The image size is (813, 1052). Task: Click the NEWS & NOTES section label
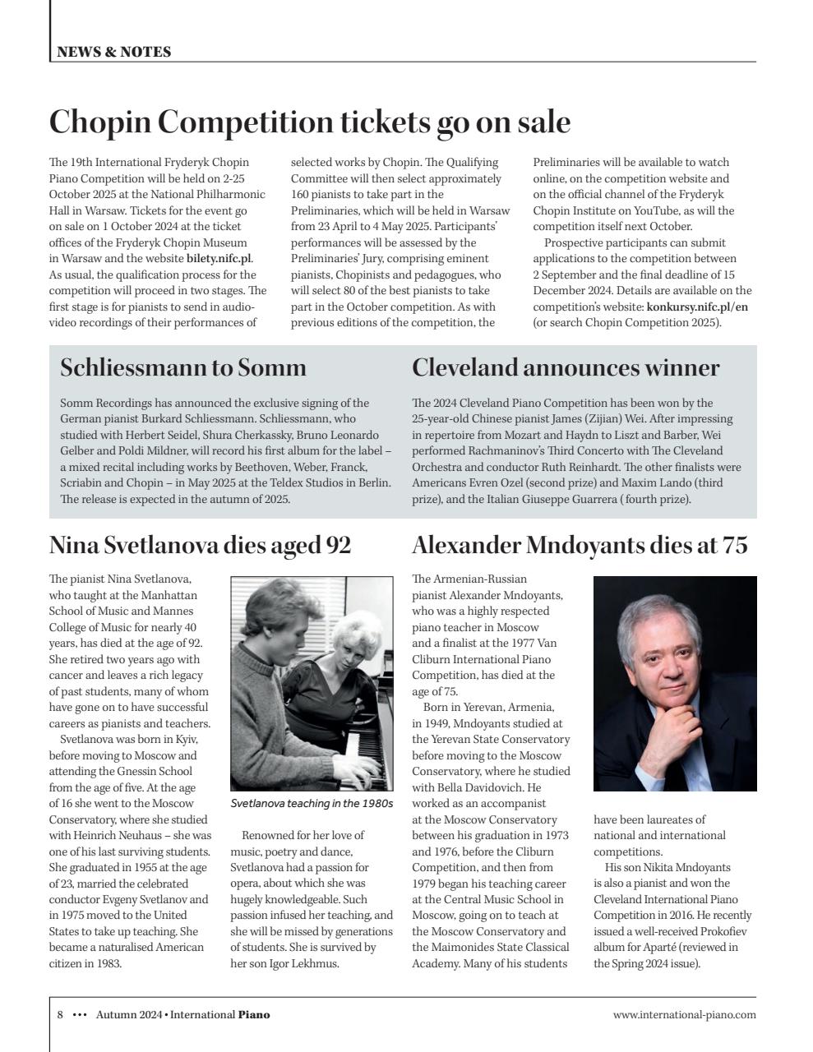tap(113, 52)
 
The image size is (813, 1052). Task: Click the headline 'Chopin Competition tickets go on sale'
tap(309, 122)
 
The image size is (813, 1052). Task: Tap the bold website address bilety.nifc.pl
tap(219, 259)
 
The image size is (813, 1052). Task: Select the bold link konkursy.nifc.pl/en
tap(697, 307)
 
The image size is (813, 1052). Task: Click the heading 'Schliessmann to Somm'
tap(182, 367)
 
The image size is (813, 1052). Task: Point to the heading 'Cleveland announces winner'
tap(566, 367)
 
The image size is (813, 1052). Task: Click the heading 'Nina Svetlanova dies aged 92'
tap(200, 545)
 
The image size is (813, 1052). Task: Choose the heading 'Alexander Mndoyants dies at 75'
tap(580, 545)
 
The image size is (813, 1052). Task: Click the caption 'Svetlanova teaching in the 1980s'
tap(312, 803)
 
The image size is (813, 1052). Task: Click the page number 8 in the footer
tap(60, 1014)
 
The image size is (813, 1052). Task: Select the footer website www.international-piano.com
tap(684, 1014)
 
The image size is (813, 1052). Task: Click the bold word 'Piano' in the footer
tap(254, 1014)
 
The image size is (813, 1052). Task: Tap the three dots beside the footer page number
tap(80, 1014)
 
